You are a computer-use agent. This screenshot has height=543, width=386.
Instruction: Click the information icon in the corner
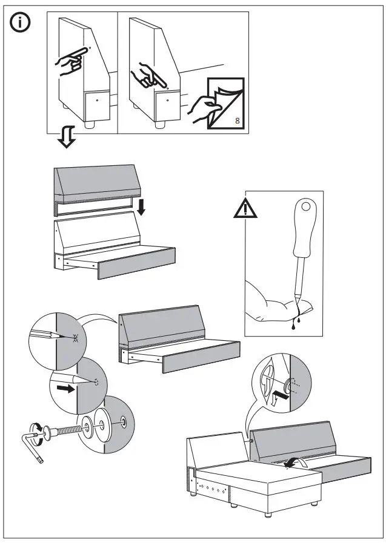[22, 23]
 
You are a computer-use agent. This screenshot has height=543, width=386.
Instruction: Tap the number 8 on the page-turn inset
[236, 121]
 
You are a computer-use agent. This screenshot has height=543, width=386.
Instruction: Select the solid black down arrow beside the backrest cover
[141, 208]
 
